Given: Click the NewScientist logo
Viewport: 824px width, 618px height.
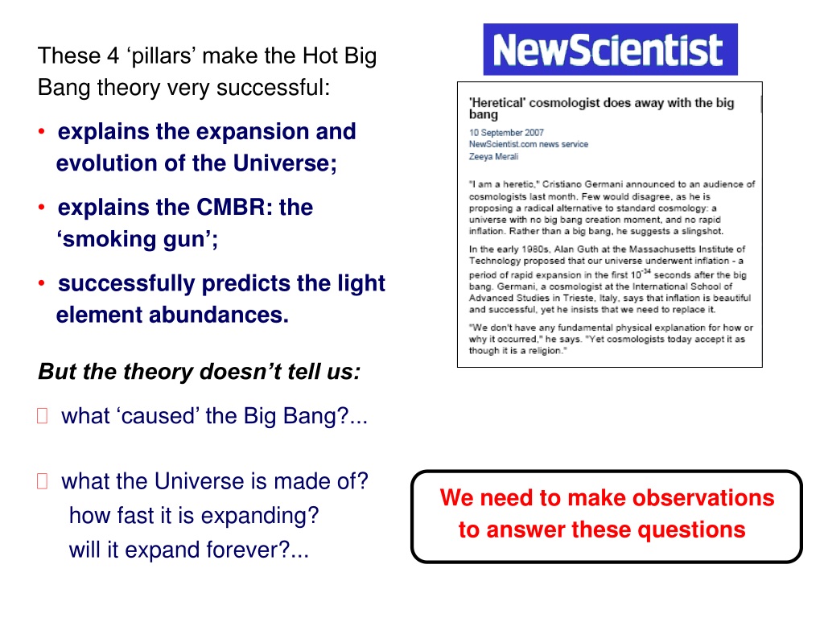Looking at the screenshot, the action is click(610, 49).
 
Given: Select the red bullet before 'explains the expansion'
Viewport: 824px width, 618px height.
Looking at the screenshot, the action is click(42, 131).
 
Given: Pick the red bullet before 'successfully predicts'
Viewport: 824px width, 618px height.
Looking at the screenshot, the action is click(42, 283).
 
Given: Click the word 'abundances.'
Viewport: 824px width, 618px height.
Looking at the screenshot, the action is click(219, 315).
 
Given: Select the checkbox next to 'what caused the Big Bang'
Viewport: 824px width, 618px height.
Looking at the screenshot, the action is click(43, 416).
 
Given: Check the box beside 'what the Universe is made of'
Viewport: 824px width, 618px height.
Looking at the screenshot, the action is click(43, 481).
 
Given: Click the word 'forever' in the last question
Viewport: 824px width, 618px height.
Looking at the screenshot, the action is click(248, 550).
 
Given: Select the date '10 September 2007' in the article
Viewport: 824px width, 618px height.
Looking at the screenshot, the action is click(506, 133).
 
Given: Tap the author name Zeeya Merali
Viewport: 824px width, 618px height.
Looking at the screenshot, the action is click(493, 156).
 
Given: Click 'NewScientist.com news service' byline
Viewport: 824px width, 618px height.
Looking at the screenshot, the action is click(529, 144).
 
